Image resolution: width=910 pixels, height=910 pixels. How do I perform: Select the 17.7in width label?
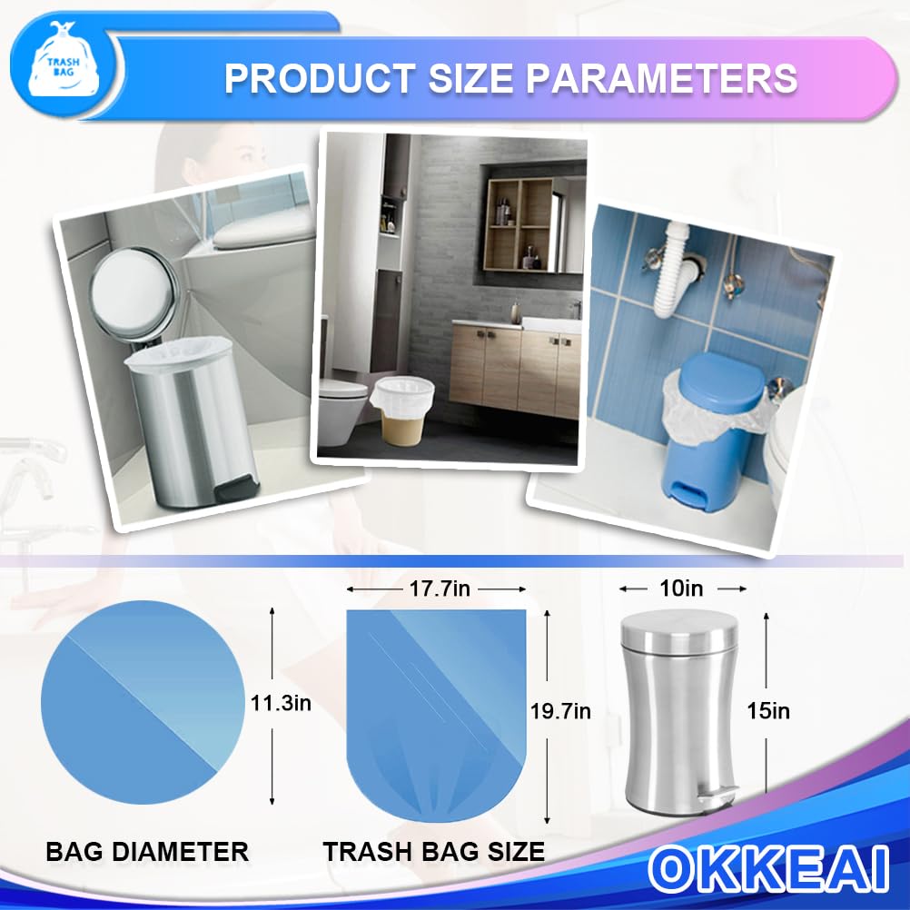439,589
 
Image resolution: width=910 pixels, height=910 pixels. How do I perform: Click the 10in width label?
682,589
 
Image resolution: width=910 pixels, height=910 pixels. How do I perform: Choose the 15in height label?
768,711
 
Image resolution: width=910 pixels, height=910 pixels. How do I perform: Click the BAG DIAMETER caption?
147,851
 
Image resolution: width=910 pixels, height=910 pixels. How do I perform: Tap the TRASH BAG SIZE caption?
434,851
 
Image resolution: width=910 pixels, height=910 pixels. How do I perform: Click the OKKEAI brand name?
768,869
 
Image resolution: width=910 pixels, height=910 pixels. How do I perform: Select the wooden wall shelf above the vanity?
519,223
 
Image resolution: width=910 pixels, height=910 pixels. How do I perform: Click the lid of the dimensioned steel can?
681,627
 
